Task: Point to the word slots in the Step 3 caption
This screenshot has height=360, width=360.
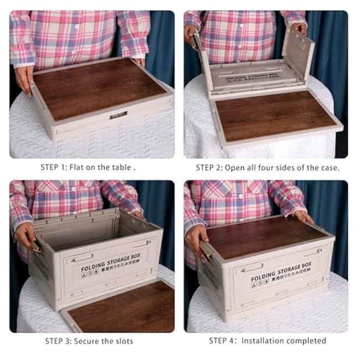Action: click(122, 341)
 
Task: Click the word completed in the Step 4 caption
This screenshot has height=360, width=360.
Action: click(306, 341)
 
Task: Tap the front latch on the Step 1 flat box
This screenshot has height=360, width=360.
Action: click(118, 115)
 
